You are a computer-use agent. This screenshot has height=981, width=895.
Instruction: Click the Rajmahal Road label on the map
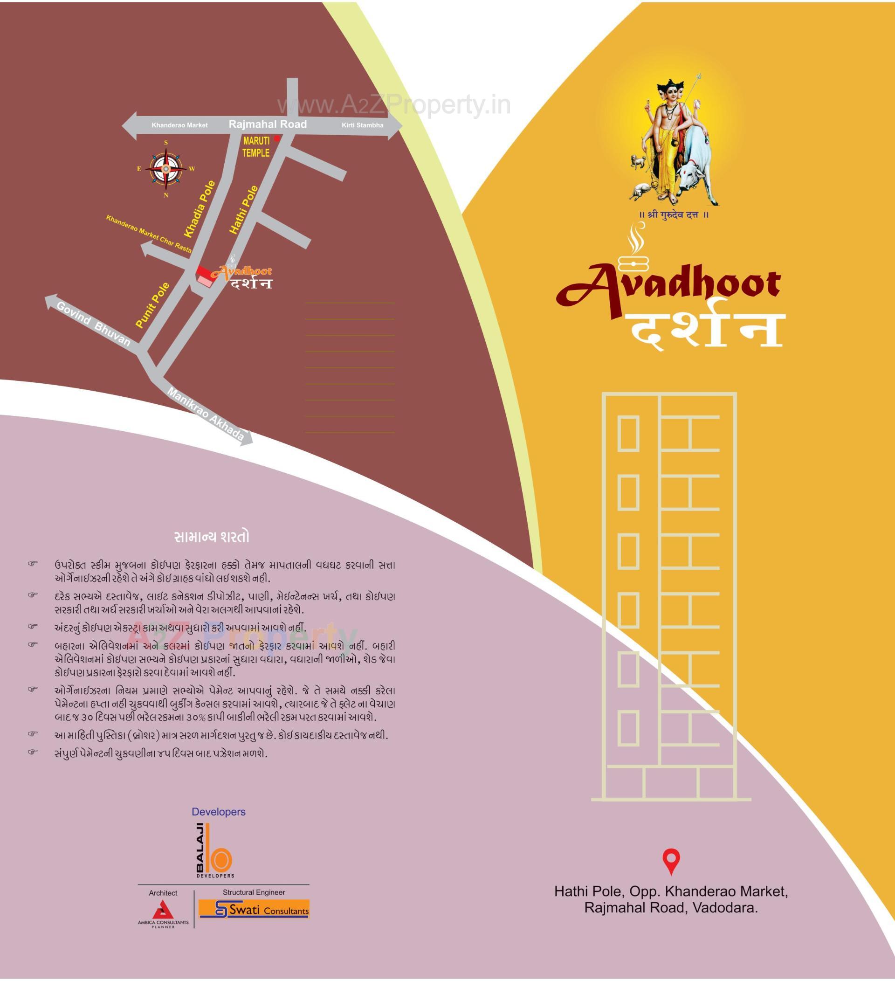coord(268,124)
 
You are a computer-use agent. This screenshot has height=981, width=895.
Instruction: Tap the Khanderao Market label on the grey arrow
coord(179,125)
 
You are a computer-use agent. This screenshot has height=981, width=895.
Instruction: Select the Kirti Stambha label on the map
coord(362,125)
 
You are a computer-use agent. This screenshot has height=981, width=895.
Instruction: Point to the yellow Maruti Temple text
coord(256,147)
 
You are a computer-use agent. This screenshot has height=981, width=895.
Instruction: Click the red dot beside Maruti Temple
coord(277,138)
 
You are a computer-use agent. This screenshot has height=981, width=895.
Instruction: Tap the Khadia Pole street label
coord(200,209)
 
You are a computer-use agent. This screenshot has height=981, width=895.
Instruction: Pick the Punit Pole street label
coord(153,305)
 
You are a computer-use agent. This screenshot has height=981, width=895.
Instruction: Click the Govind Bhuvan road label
coord(94,324)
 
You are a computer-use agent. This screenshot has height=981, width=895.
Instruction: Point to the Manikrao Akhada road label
coord(205,414)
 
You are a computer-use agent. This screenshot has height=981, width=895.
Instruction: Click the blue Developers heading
coord(219,812)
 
